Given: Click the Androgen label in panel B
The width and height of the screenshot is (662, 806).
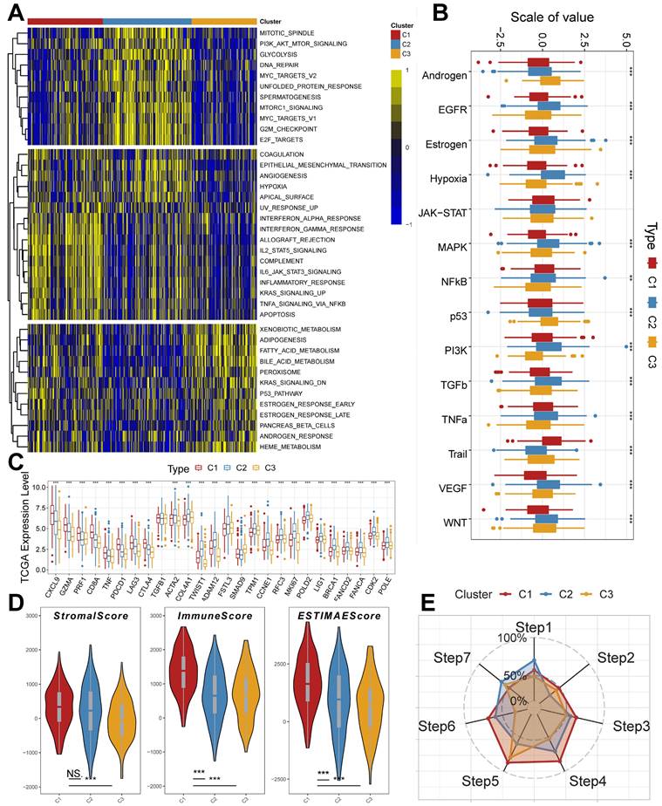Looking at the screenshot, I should tap(443, 76).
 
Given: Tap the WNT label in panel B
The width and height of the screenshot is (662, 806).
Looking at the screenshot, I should tap(453, 522).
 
